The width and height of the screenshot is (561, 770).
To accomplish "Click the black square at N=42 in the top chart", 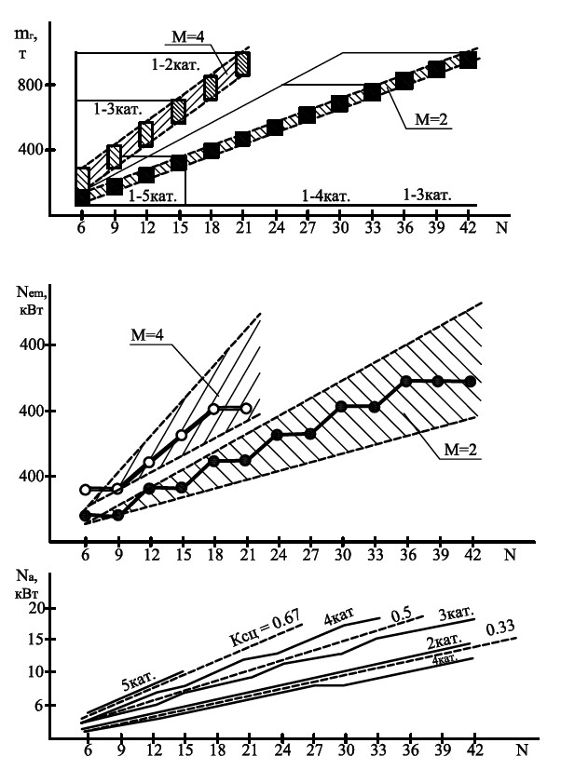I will [x=469, y=61].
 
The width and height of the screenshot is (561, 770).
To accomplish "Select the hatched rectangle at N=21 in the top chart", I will [x=242, y=63].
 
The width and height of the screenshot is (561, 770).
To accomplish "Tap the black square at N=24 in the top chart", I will [x=275, y=128].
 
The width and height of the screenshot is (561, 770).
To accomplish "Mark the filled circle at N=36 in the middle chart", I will [x=405, y=381].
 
